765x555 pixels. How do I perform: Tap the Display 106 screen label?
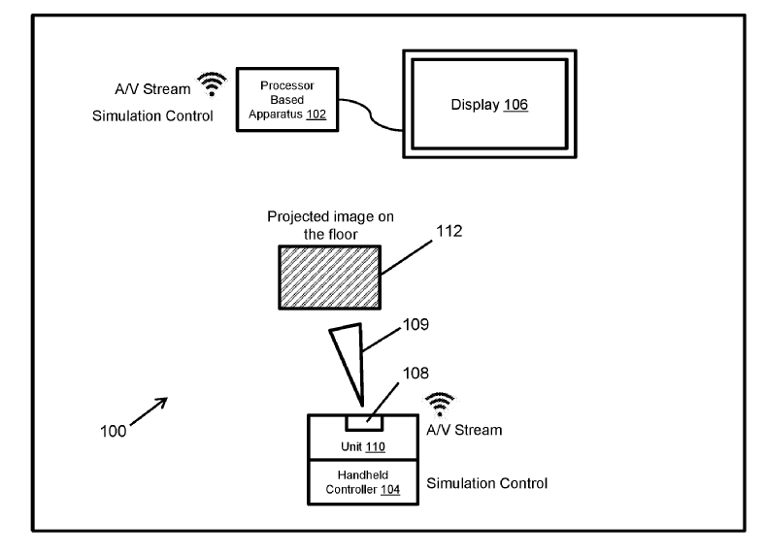point(489,104)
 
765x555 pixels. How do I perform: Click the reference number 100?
point(112,431)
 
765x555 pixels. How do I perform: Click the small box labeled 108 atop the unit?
point(364,421)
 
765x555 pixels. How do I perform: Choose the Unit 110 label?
point(363,446)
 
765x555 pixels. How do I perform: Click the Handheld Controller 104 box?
point(363,482)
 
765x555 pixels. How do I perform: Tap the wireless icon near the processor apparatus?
point(208,85)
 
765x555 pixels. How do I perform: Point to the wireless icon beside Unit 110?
point(442,404)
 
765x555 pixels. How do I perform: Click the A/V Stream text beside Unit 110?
point(465,430)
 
